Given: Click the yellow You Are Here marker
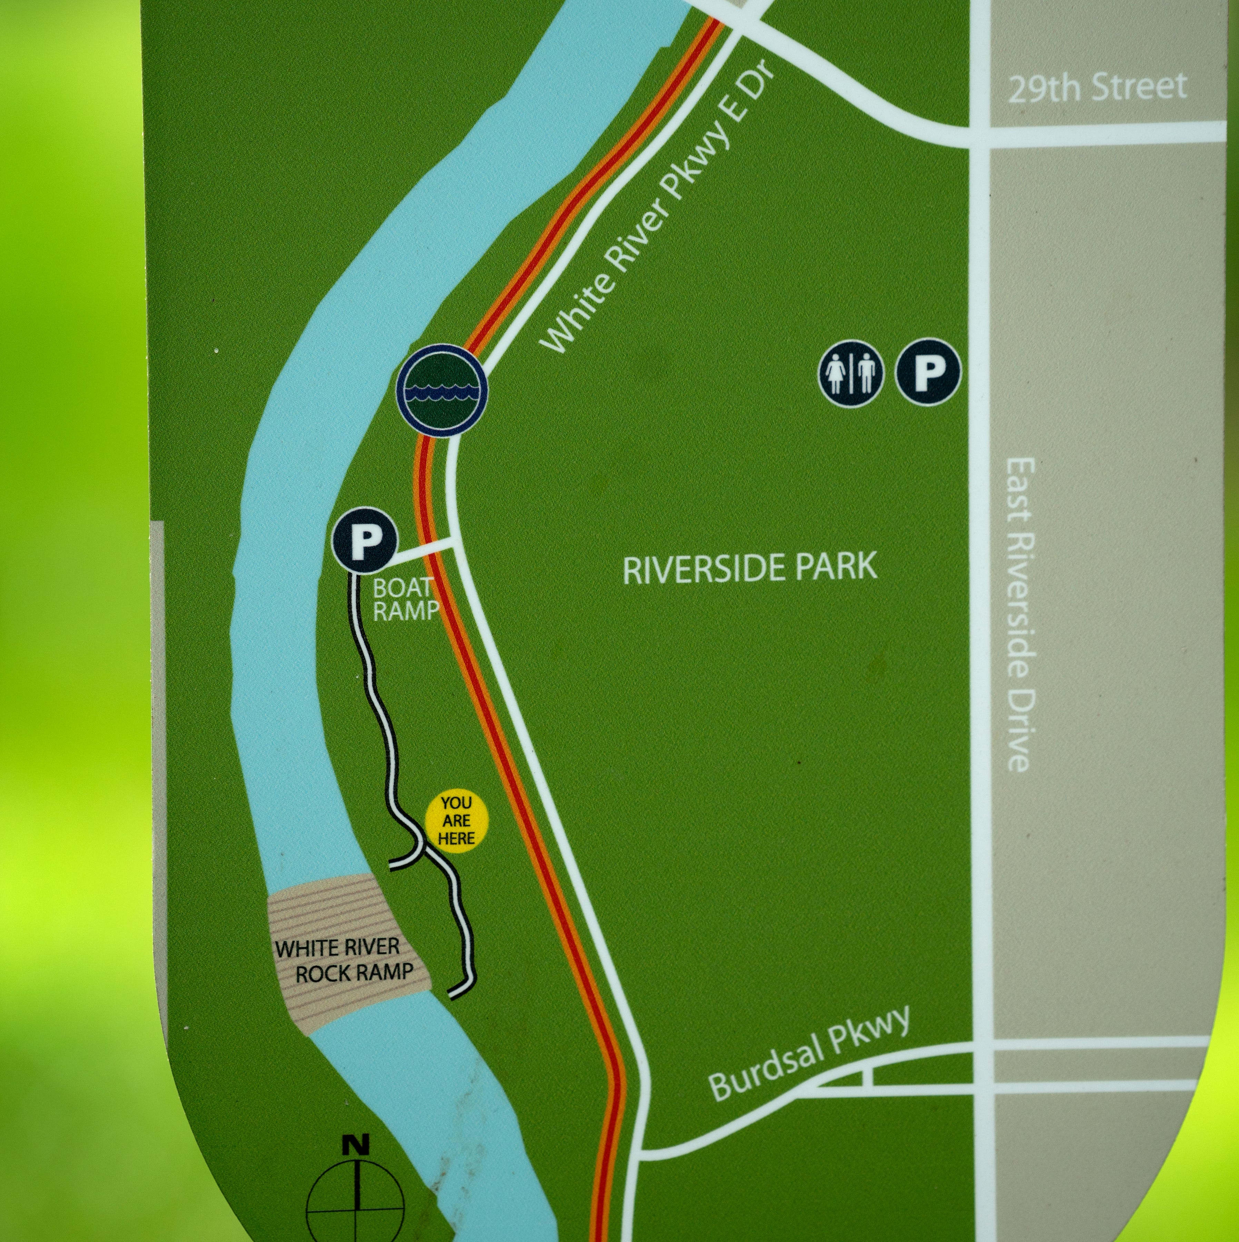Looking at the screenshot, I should [457, 820].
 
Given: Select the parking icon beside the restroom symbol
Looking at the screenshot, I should [928, 372].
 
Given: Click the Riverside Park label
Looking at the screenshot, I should [750, 568].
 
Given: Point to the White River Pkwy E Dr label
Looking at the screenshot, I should [659, 212].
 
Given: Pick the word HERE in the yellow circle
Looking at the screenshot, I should [457, 838].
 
